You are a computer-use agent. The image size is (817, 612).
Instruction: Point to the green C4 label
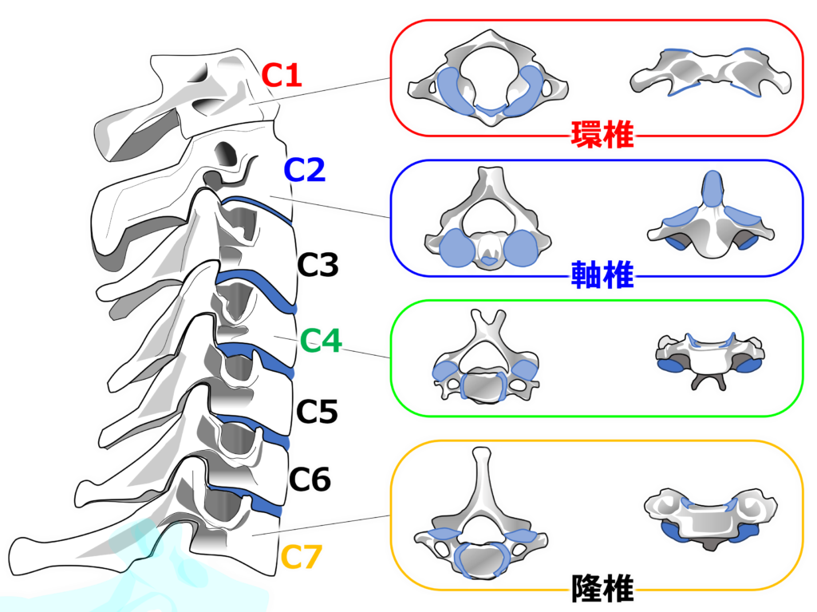322,342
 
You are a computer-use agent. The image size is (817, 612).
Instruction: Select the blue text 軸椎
602,276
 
